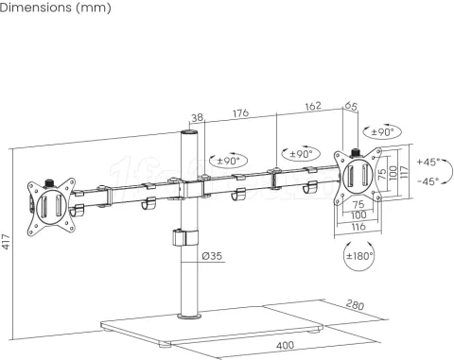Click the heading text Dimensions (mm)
[56, 9]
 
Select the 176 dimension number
[240, 114]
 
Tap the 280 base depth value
[355, 305]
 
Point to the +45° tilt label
[429, 162]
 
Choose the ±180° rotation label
[358, 256]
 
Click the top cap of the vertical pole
[189, 136]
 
